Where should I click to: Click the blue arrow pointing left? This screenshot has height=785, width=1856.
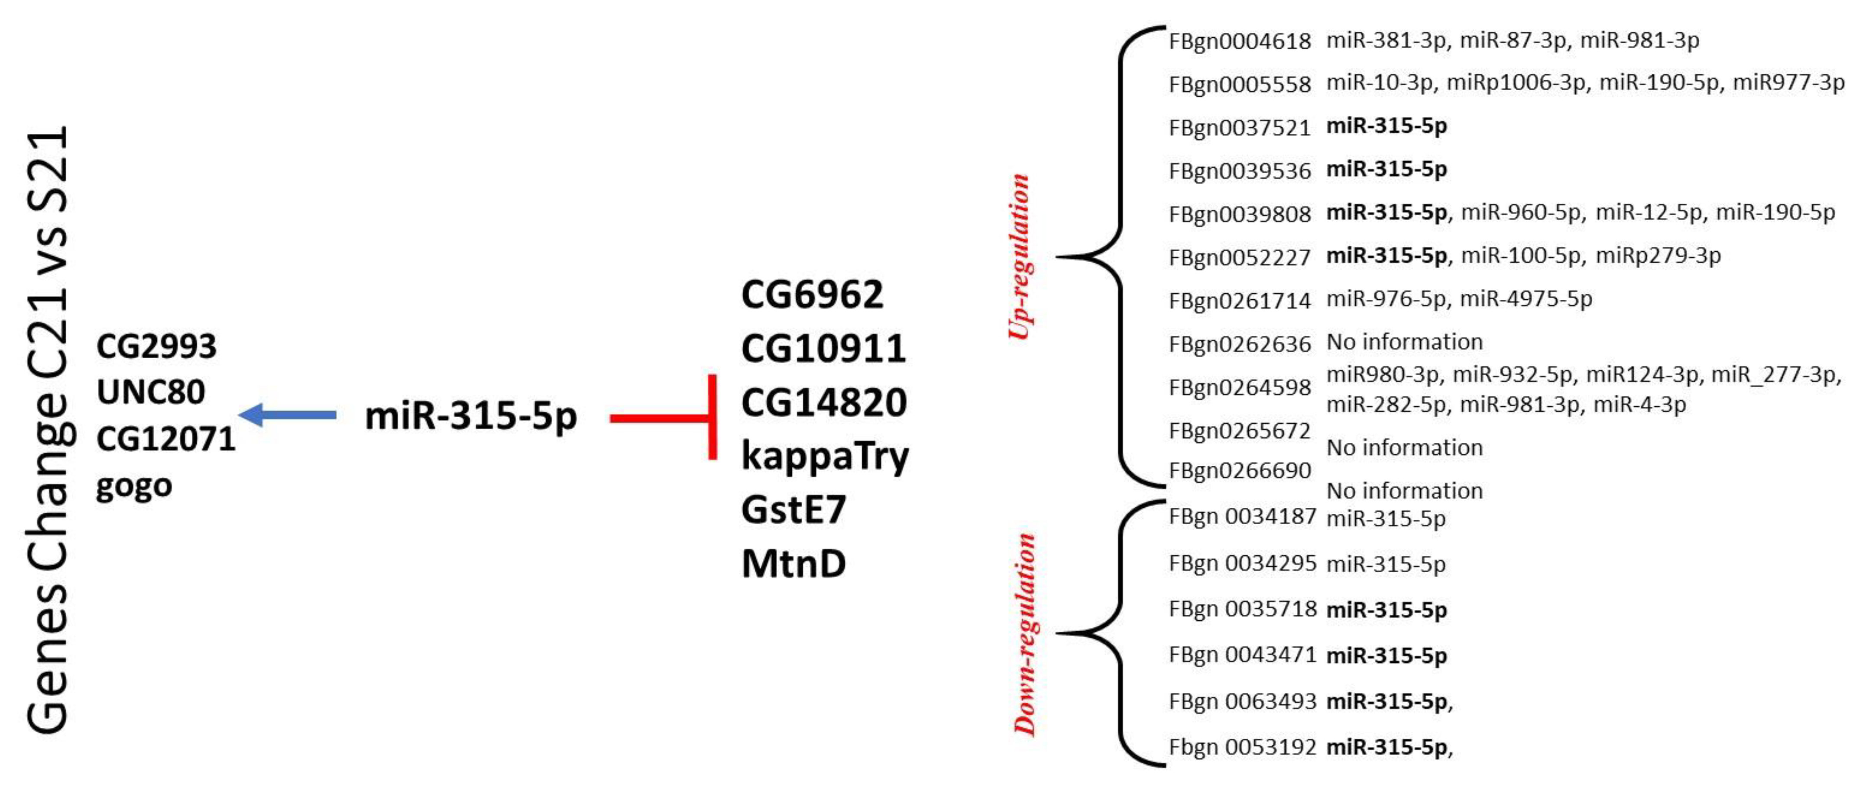[287, 415]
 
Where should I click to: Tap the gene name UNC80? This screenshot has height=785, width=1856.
[151, 392]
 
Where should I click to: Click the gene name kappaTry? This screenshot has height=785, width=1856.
[825, 456]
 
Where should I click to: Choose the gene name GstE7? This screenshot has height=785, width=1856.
[793, 509]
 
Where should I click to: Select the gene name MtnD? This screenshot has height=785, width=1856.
[793, 563]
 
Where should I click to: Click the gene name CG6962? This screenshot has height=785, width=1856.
[812, 294]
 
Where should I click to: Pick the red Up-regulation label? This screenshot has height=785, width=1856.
[1019, 256]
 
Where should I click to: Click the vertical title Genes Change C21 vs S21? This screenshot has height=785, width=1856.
[48, 430]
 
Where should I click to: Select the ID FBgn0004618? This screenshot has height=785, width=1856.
[1239, 41]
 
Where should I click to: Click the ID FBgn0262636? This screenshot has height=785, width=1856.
[1239, 344]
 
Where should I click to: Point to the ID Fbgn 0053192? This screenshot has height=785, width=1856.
[1243, 747]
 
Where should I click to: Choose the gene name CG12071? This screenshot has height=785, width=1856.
[166, 439]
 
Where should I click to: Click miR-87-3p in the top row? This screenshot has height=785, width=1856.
[1513, 40]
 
